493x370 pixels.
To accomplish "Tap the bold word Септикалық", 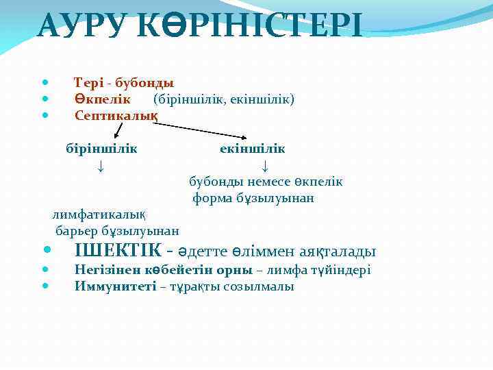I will click(116, 116).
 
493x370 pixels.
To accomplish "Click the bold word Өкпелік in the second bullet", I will click(102, 99).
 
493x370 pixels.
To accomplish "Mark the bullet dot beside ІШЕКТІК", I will click(45, 251).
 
